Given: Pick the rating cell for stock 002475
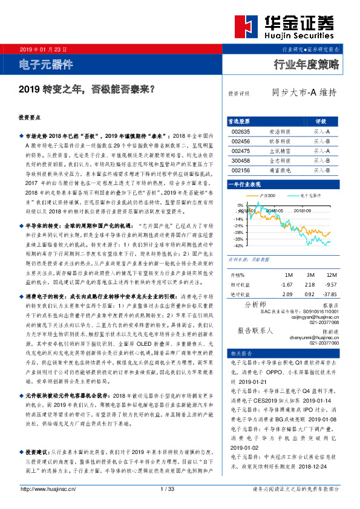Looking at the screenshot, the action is click(321, 151).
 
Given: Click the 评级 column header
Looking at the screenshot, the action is click(321, 121).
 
